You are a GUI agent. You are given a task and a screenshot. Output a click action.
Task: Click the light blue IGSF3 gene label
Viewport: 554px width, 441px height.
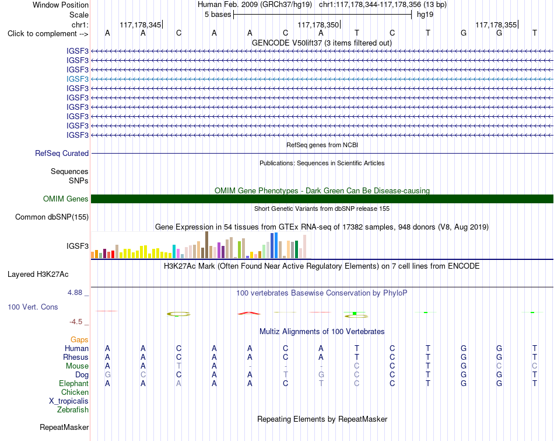point(78,79)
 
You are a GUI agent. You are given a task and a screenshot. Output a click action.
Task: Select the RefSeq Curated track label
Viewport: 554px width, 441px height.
point(62,153)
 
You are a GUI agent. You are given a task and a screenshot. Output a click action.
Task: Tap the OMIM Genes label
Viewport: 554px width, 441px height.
point(66,199)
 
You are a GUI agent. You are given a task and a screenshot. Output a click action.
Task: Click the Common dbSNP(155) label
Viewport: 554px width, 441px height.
point(52,217)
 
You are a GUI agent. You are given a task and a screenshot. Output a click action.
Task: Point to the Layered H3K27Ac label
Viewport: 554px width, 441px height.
point(38,275)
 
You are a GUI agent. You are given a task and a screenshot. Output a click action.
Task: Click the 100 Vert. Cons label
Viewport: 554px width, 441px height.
point(33,307)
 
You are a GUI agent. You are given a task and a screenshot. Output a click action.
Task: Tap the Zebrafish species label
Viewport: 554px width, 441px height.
point(73,410)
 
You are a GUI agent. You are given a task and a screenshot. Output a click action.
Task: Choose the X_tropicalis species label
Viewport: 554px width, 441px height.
point(69,401)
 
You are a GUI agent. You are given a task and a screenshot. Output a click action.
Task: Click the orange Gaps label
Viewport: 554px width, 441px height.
point(79,340)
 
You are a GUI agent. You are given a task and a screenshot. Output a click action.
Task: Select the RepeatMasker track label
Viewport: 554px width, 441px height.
point(64,427)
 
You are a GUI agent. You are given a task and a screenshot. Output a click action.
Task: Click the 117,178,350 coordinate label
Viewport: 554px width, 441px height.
point(318,25)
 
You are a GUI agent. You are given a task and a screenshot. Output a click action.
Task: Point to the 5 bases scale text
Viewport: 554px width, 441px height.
point(218,15)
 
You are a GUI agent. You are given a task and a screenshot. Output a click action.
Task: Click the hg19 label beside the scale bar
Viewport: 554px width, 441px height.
point(425,15)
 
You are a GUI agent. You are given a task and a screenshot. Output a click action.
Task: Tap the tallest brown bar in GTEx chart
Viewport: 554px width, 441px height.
point(206,245)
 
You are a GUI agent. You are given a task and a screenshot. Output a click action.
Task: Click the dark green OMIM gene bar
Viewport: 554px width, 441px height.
point(322,199)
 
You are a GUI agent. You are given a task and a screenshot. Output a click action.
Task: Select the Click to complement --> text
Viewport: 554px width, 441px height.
point(48,34)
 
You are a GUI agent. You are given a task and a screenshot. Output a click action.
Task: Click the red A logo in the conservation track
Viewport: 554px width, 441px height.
point(249,313)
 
